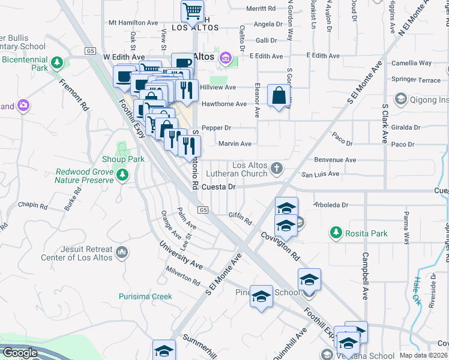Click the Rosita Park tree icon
point(336,232)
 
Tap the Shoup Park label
point(128,160)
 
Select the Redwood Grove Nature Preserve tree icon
point(123,175)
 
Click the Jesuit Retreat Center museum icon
point(122,253)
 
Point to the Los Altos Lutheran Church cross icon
point(276,167)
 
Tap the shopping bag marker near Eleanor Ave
point(279,95)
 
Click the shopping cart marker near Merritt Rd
point(192,11)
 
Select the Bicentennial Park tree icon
point(57,62)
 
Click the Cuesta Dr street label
point(218,187)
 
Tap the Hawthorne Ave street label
point(224,104)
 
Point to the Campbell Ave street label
point(364,275)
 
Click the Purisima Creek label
point(145,296)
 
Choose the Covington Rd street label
point(280,246)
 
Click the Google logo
point(20,353)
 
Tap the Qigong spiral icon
point(400,98)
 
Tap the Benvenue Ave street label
point(335,160)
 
